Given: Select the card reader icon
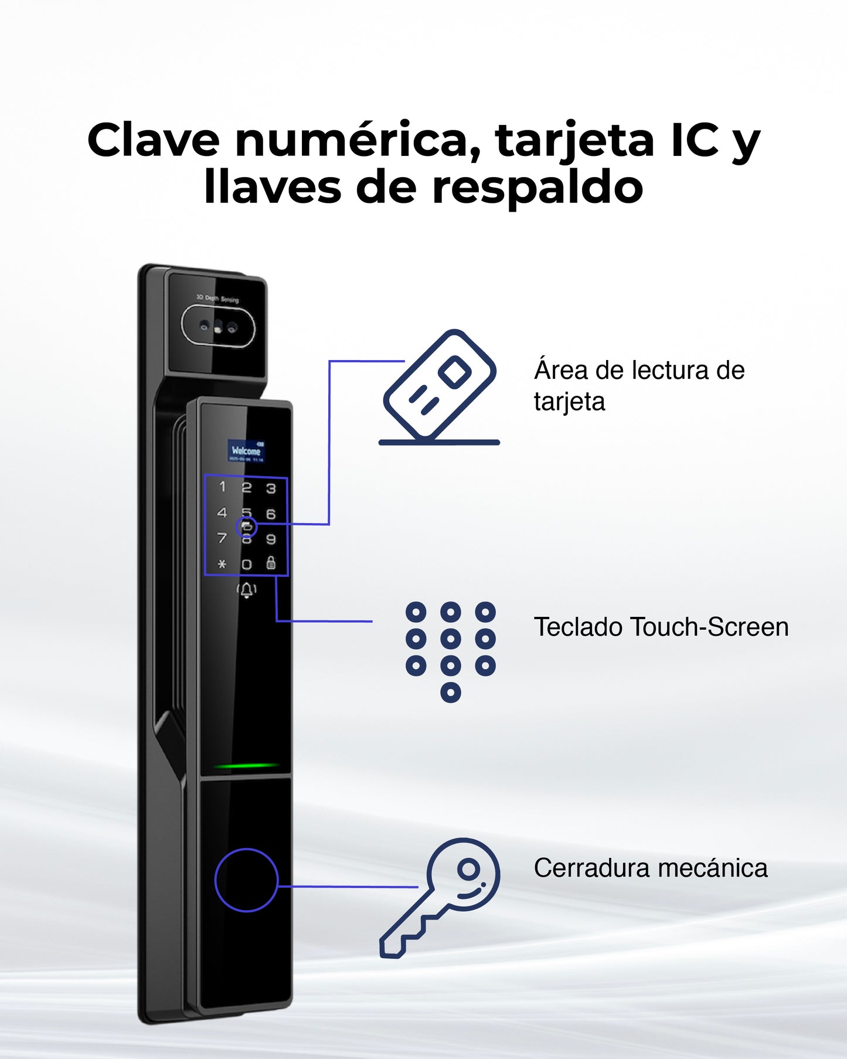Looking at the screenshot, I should click(440, 388).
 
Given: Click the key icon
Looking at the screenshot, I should click(440, 897).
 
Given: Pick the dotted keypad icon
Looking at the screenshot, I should click(450, 651).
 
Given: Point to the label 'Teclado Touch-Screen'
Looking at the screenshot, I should click(661, 627).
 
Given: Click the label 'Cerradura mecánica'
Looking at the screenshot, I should click(650, 868).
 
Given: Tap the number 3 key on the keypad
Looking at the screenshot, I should click(271, 488).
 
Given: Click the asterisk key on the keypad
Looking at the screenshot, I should click(222, 564).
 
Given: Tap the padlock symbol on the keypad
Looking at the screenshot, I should click(271, 563).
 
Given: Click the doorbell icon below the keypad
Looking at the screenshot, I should click(247, 590).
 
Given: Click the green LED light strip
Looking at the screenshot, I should click(246, 765).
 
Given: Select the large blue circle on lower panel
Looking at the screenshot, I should click(246, 880).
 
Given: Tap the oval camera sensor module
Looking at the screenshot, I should click(218, 327).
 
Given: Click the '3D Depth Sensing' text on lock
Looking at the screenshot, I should click(217, 298).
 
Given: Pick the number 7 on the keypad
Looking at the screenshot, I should click(222, 538).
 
